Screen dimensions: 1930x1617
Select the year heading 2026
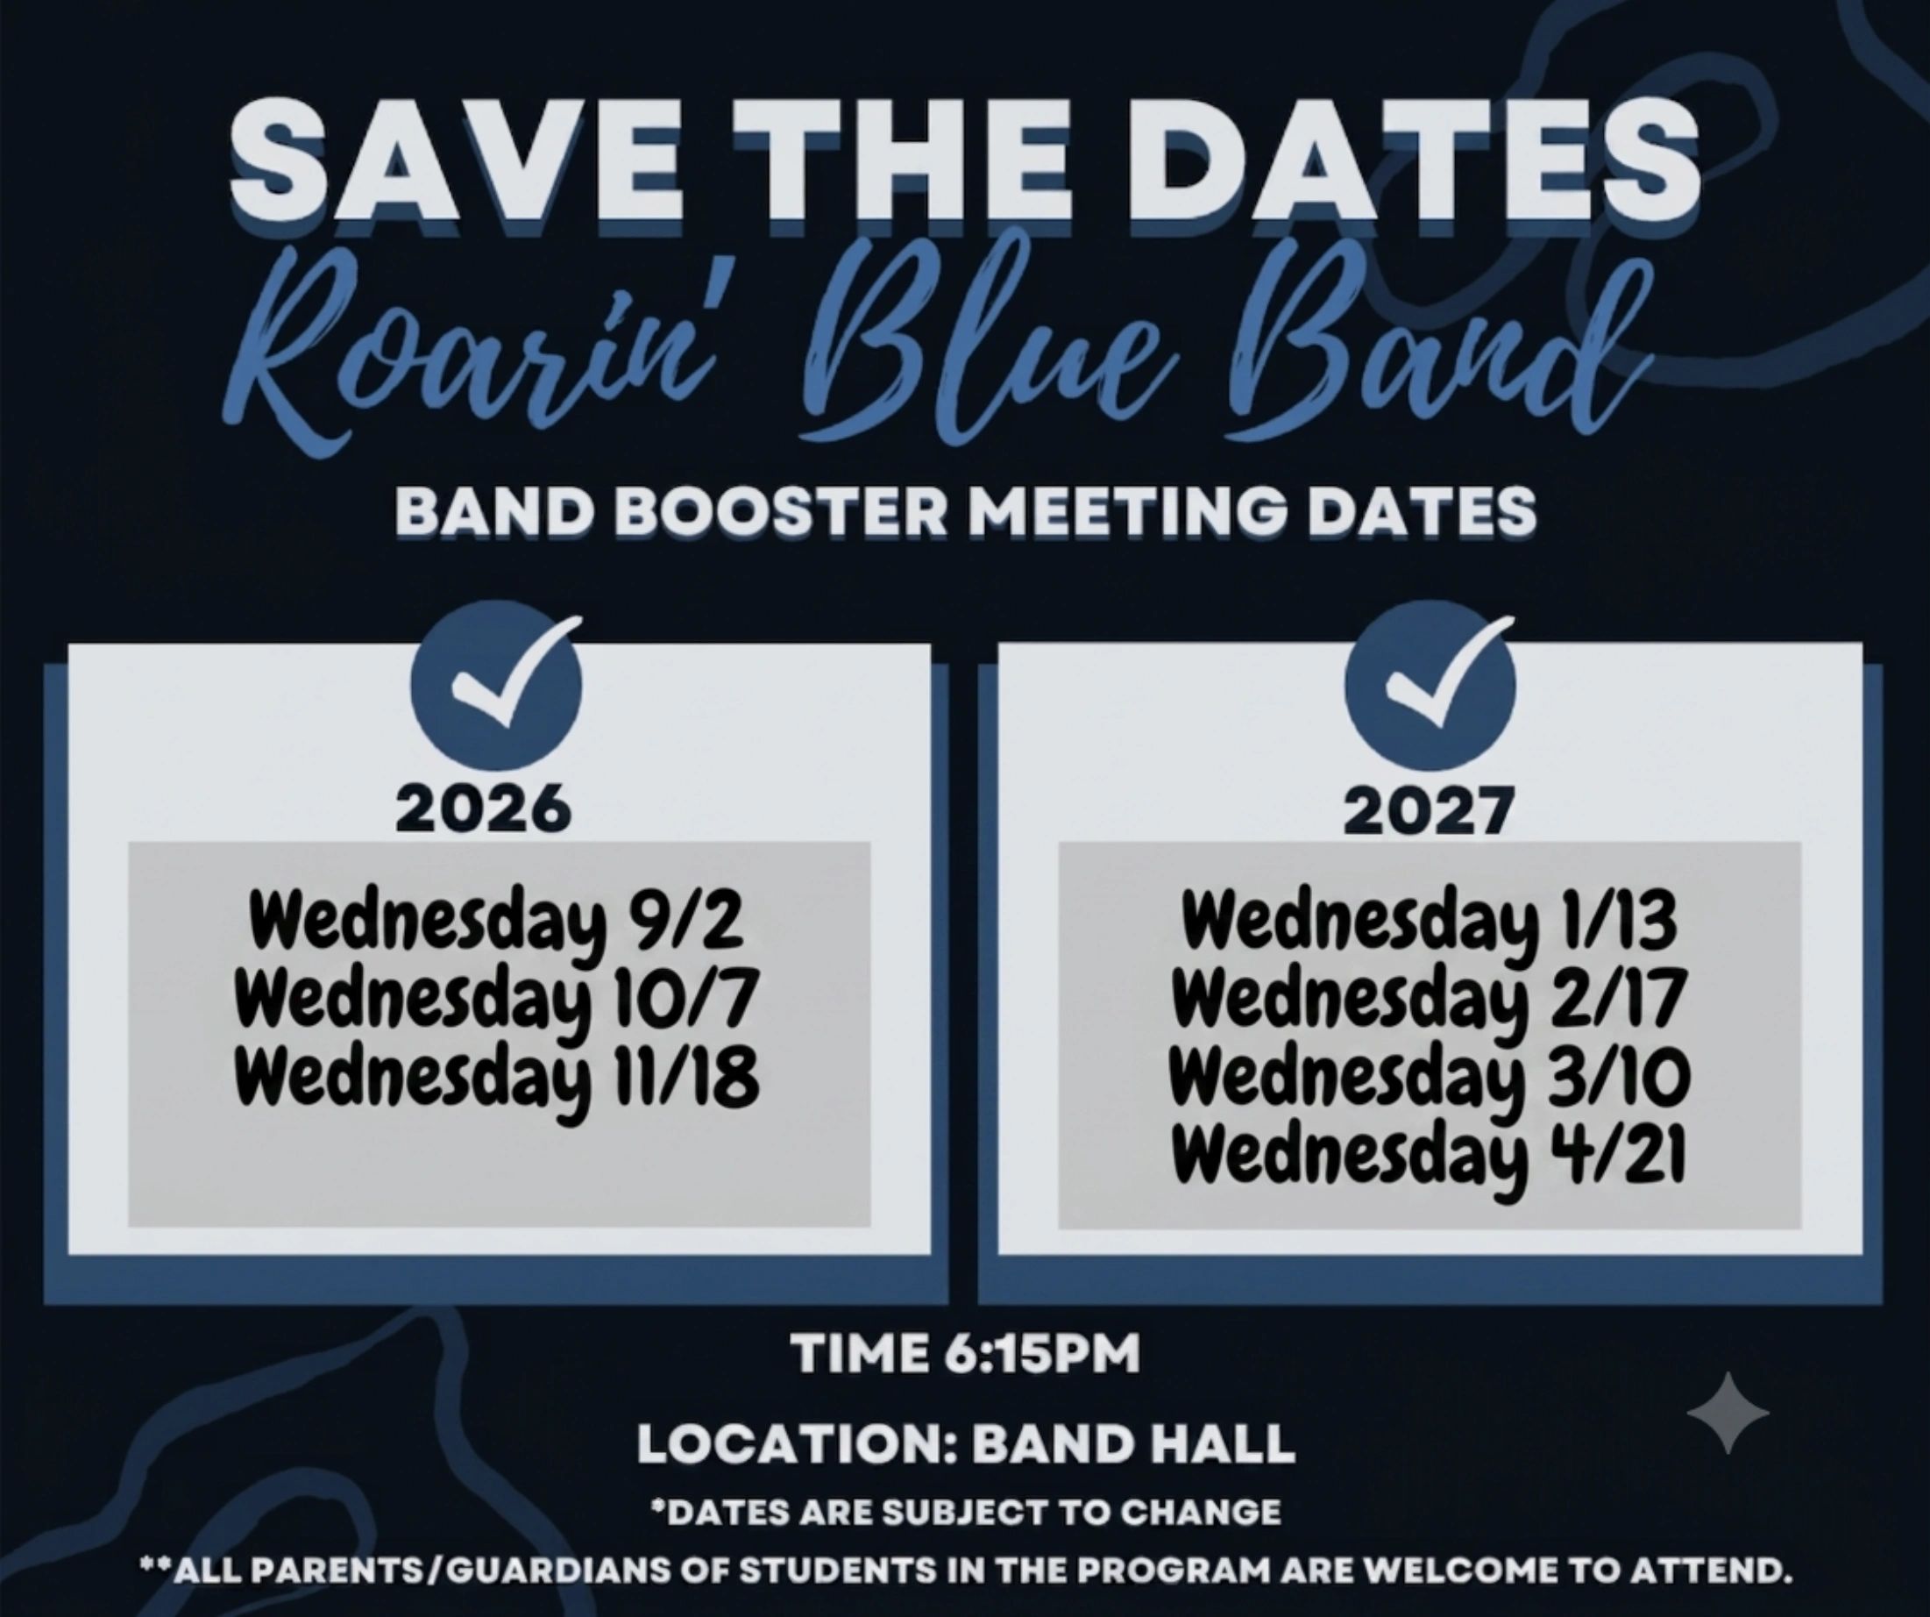coord(484,810)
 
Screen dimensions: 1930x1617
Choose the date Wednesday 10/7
coord(496,1001)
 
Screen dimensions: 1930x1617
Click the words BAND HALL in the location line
coord(1133,1444)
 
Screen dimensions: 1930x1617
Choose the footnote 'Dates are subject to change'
coord(965,1512)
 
